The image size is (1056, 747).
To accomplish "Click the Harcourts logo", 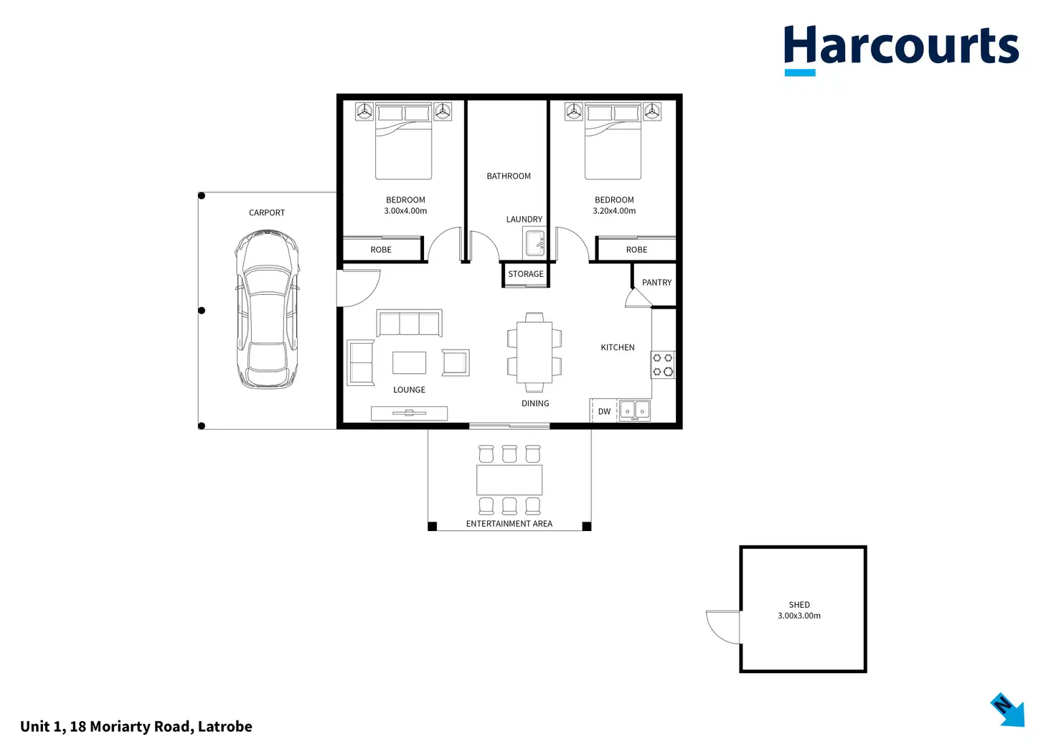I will tap(900, 48).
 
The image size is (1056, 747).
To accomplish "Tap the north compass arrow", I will tap(1008, 710).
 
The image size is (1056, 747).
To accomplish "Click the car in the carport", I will tap(267, 309).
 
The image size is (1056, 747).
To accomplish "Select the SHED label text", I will tap(799, 605).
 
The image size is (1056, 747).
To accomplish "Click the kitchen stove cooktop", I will tap(662, 365).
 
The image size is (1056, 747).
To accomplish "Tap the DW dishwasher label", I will tap(604, 412).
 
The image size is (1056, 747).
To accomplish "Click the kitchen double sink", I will tap(634, 410).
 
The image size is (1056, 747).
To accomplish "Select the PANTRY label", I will tap(656, 283).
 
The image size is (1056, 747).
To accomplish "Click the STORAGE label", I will tap(526, 274).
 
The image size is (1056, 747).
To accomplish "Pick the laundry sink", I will tap(534, 243).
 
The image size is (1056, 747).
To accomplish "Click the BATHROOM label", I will tap(509, 176).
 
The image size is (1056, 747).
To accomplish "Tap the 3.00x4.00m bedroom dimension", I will tap(405, 211).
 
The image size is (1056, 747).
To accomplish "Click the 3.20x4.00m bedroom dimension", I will tap(614, 211).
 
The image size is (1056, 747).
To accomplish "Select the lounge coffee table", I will tap(409, 362).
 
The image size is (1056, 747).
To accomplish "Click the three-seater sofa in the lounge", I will tap(409, 324).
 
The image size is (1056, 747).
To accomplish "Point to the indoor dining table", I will tap(534, 352).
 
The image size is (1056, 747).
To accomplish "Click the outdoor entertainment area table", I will tap(509, 480).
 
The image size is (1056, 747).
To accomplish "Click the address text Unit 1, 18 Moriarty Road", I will tap(136, 726).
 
